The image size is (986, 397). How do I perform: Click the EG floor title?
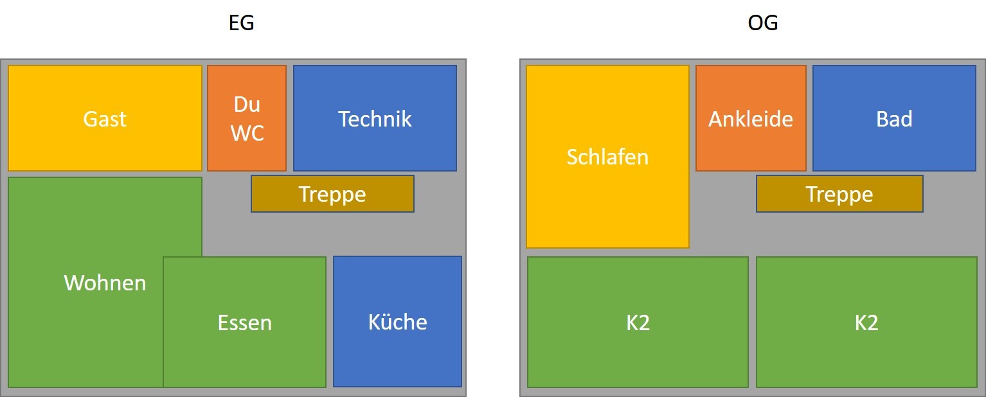click(241, 23)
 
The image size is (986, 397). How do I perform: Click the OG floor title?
click(763, 23)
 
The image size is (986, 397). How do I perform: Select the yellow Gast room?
click(105, 118)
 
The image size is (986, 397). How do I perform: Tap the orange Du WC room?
click(247, 118)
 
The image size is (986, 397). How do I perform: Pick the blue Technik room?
click(375, 118)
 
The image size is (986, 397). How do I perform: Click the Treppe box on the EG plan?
click(332, 193)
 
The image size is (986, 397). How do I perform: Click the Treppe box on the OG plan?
click(839, 193)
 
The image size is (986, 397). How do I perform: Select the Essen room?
click(245, 322)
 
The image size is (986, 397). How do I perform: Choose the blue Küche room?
click(397, 322)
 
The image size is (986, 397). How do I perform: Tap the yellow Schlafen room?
click(607, 157)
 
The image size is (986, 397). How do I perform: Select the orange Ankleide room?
click(751, 118)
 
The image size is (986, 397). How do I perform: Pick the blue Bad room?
click(895, 118)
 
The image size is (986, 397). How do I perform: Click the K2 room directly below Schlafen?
click(638, 322)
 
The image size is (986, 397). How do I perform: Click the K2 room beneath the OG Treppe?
click(866, 322)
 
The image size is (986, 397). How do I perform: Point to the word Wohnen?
click(105, 283)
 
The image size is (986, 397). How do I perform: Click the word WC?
click(247, 133)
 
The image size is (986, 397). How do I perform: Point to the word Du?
click(247, 105)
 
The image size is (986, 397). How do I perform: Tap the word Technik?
click(375, 119)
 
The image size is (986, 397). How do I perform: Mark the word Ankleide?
click(751, 119)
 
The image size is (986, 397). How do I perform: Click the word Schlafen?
click(607, 157)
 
